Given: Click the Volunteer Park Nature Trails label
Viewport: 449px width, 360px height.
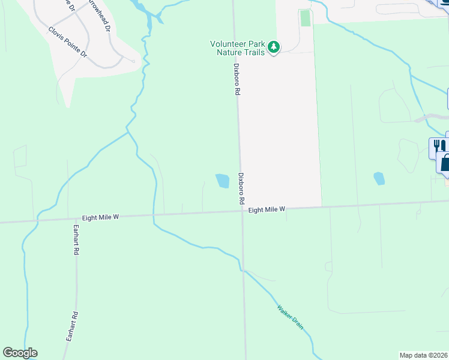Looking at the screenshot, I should pyautogui.click(x=237, y=47).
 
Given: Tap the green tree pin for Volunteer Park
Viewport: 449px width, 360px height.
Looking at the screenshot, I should pyautogui.click(x=274, y=47).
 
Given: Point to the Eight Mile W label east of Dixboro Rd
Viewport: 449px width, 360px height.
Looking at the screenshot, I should pyautogui.click(x=266, y=209).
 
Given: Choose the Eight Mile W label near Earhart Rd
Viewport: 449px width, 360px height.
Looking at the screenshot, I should pyautogui.click(x=101, y=218).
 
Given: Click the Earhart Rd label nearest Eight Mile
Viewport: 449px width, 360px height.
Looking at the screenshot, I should pyautogui.click(x=76, y=241).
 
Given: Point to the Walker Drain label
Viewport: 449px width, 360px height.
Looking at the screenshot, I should pyautogui.click(x=290, y=317).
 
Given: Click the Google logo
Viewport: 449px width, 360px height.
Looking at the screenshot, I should pyautogui.click(x=20, y=353).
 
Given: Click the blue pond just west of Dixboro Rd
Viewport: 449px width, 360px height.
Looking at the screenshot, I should pyautogui.click(x=223, y=180).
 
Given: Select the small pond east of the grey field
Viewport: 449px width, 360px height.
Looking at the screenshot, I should pyautogui.click(x=379, y=178).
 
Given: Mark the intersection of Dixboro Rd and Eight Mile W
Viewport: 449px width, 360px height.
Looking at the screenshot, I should pyautogui.click(x=241, y=211).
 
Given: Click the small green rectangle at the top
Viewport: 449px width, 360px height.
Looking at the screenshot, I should pyautogui.click(x=306, y=18).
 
